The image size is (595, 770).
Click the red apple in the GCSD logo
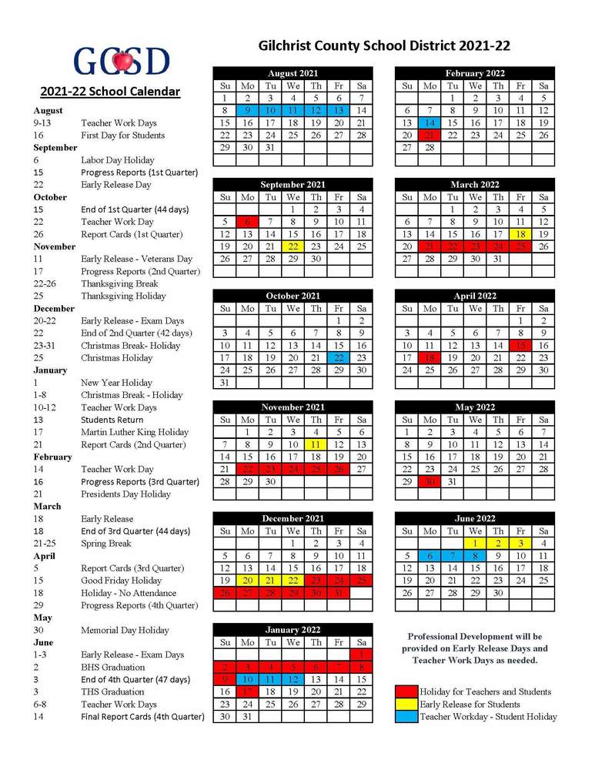(121, 60)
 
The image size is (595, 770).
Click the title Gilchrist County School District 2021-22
(384, 47)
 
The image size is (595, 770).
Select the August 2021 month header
(292, 73)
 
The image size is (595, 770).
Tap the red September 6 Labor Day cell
(248, 222)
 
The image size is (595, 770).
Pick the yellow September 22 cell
(293, 246)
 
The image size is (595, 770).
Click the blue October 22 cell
(339, 357)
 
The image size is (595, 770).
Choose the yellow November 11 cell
(316, 444)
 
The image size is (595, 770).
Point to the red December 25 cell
(361, 581)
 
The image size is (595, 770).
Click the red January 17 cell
(248, 691)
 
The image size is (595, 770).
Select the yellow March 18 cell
(521, 234)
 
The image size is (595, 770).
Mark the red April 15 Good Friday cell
(521, 345)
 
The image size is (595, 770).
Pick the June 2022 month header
(475, 518)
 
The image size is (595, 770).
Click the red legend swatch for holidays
(406, 691)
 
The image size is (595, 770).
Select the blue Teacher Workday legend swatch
(406, 716)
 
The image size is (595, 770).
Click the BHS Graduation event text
(112, 667)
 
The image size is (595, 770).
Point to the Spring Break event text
(107, 544)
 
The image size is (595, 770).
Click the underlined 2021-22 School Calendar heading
(110, 92)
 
